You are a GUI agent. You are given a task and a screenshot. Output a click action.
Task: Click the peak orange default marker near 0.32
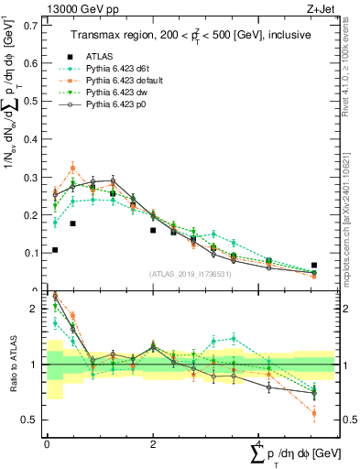pos(73,168)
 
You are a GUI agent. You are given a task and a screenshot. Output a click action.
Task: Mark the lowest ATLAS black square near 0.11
pos(55,249)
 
